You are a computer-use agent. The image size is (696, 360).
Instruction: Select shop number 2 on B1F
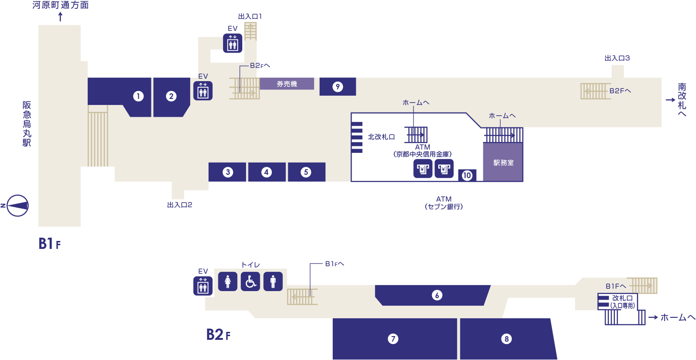tap(171, 97)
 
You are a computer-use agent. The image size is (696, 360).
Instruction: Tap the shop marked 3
tap(227, 172)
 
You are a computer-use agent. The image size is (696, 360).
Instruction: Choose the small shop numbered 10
tap(467, 175)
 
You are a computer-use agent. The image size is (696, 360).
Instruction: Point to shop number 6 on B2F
tap(436, 295)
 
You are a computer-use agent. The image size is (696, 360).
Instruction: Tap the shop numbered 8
tap(506, 338)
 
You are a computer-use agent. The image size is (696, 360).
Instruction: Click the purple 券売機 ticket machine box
tap(287, 84)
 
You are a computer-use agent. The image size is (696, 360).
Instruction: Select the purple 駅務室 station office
tap(503, 163)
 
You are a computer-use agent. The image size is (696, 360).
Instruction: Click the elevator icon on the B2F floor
tap(203, 286)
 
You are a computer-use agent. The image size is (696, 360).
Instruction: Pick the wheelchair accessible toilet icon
tap(250, 282)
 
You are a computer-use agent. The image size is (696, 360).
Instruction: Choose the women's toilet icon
tap(228, 282)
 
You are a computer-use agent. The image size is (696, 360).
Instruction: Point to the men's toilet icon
tap(273, 282)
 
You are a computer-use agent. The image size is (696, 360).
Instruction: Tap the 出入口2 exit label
tap(180, 205)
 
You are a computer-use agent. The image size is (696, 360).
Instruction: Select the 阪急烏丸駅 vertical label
tap(27, 124)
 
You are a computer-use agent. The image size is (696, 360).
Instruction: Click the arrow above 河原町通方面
tap(60, 17)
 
